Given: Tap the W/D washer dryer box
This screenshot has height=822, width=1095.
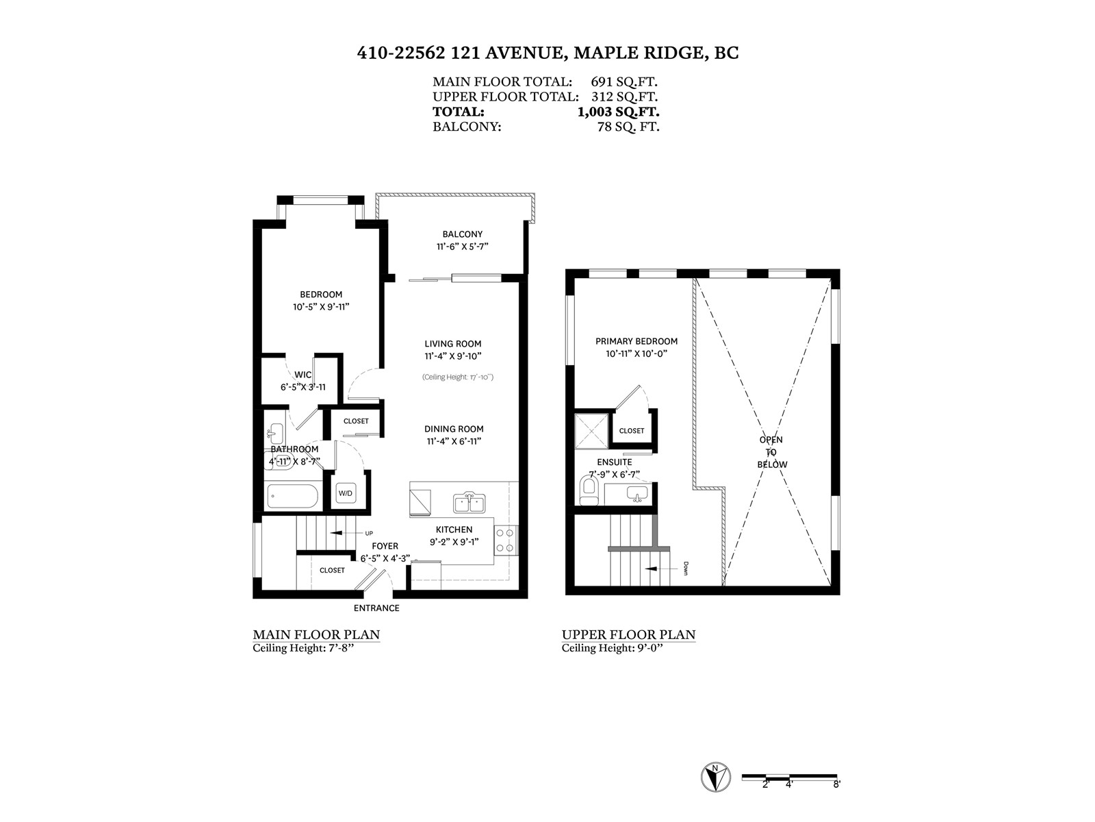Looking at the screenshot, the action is (x=345, y=493).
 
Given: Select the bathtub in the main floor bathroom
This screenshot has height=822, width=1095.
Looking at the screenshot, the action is (x=292, y=497).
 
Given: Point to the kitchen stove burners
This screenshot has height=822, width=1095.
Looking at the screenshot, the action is (x=505, y=540).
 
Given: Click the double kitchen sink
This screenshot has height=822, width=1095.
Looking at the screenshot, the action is (x=469, y=503).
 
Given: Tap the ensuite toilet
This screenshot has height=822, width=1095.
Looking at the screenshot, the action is (x=589, y=490).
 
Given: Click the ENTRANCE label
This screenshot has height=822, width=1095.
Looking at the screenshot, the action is (x=376, y=608).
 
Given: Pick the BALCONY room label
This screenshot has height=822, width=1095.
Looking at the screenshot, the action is (x=463, y=234).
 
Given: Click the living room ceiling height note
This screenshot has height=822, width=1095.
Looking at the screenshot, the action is (x=457, y=377).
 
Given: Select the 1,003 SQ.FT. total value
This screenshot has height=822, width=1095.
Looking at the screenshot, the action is (x=618, y=111).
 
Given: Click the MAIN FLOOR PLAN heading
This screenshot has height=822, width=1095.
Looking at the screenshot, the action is (x=316, y=635).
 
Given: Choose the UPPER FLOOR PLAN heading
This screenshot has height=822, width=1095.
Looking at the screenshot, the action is (x=628, y=635).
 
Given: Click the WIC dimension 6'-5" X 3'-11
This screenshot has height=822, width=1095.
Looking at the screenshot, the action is (x=303, y=387).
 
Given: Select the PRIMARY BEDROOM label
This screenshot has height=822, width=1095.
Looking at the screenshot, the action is (x=636, y=341).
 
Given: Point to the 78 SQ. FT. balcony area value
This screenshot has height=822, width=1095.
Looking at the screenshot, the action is (x=628, y=127).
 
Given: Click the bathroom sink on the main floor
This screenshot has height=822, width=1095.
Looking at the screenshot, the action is (x=275, y=433).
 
